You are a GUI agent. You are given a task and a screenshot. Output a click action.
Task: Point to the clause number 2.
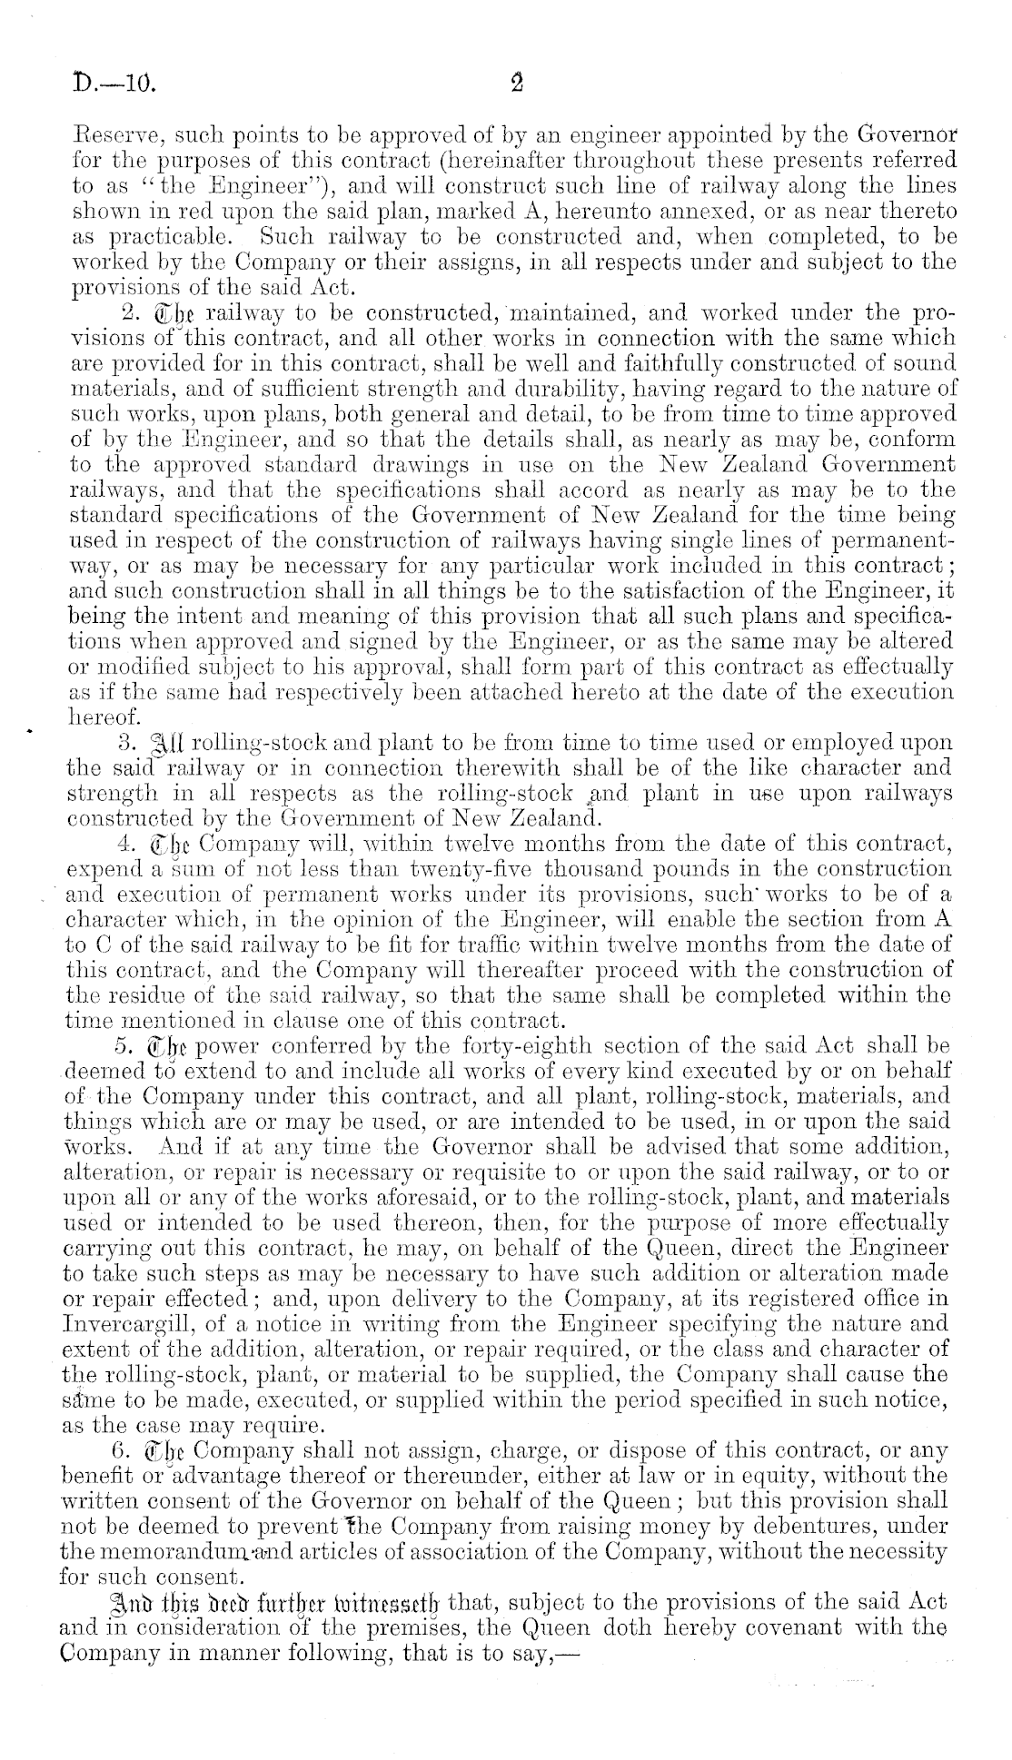pyautogui.click(x=127, y=313)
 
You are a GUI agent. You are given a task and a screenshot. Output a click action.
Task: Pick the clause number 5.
pyautogui.click(x=127, y=1040)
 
